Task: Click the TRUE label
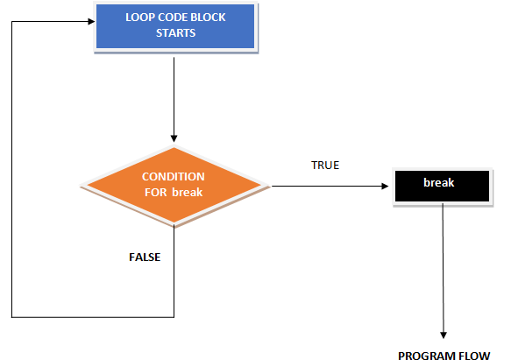pos(324,165)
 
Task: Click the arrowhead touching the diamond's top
pos(174,138)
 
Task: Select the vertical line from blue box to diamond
pos(174,96)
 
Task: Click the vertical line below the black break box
pos(444,263)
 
